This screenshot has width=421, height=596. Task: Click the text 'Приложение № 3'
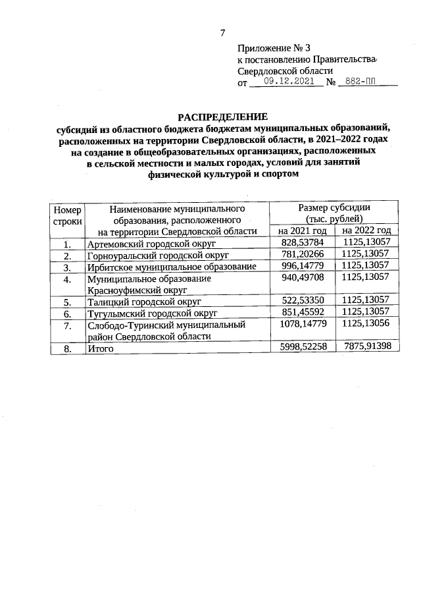(273, 48)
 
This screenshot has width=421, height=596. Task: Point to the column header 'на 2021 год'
(302, 230)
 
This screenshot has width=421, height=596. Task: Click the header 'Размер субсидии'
(334, 207)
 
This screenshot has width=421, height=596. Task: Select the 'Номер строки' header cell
(66, 214)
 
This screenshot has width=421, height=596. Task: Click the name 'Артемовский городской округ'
(152, 243)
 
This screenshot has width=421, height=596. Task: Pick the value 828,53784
(302, 243)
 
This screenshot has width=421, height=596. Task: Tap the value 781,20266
(302, 255)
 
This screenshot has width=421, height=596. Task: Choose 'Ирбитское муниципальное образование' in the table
(171, 267)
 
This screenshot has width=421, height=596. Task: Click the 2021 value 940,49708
(302, 279)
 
